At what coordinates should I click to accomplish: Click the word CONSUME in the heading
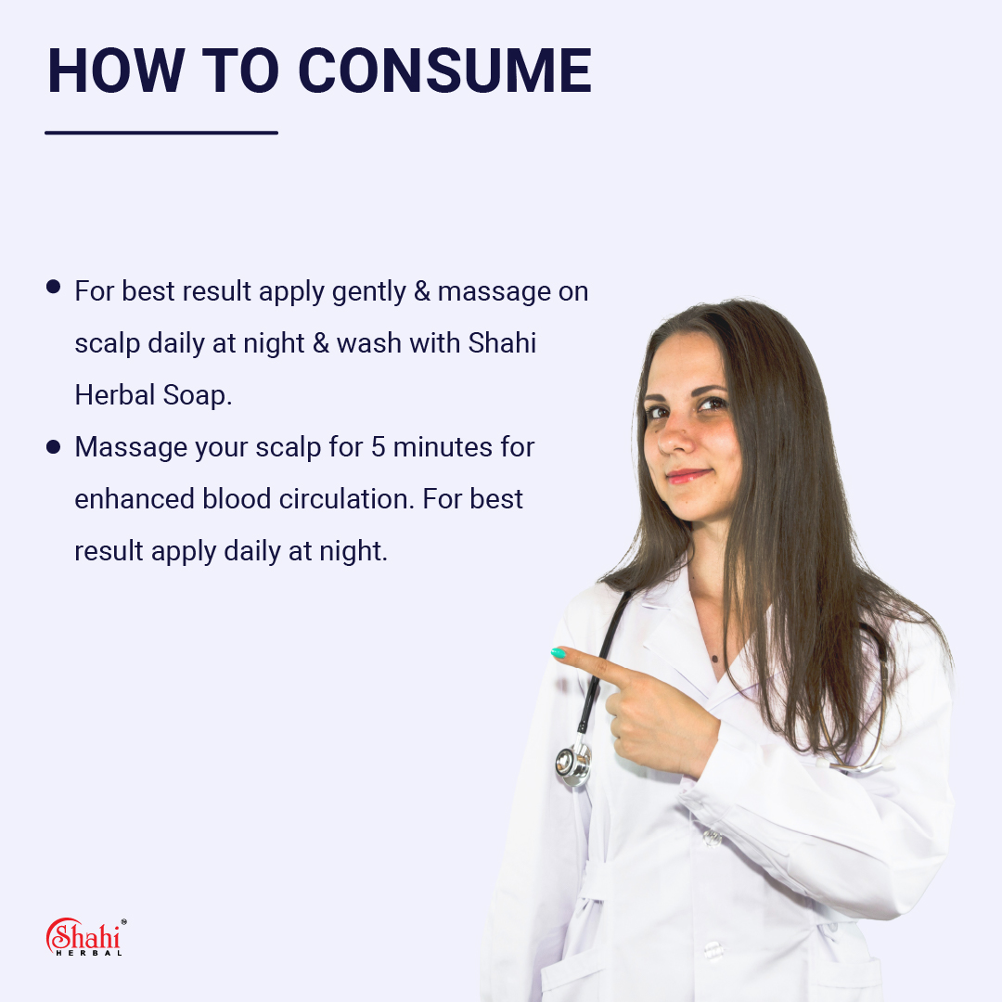click(445, 71)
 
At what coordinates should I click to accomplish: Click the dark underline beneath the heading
click(161, 133)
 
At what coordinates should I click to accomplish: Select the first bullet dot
click(53, 287)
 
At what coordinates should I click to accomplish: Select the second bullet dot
click(53, 447)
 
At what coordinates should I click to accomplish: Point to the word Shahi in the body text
click(502, 343)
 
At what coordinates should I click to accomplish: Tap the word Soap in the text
click(194, 395)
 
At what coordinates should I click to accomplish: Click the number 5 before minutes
click(378, 447)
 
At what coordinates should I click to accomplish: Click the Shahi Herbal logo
click(85, 937)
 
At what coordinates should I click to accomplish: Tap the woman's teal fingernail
click(559, 653)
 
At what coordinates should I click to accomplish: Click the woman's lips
click(687, 476)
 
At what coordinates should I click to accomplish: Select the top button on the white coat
click(712, 837)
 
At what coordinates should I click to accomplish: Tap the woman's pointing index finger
click(594, 663)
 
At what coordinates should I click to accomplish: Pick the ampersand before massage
click(422, 291)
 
